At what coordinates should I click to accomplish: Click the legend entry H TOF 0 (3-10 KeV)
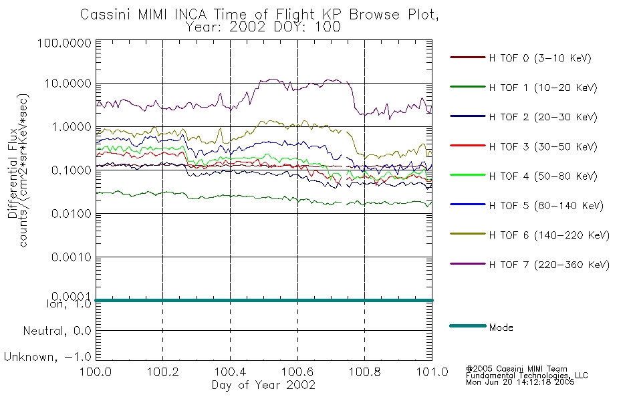540,58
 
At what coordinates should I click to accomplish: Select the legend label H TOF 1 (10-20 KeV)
543,88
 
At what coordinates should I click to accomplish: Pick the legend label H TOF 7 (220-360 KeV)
549,265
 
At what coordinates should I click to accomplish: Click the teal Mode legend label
501,327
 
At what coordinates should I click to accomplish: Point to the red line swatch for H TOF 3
467,146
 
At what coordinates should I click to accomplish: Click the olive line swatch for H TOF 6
467,234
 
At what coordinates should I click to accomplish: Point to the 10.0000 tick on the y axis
68,84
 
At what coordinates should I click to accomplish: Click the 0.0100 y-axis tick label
71,213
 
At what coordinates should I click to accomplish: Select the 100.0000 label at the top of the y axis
64,43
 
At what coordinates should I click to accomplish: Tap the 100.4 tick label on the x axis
230,372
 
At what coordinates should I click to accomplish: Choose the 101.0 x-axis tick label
432,372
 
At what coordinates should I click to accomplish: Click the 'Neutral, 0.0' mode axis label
57,331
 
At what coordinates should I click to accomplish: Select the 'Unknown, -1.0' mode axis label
47,358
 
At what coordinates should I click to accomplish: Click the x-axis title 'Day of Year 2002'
263,385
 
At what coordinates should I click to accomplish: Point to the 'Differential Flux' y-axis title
12,173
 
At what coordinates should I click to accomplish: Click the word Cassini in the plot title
106,15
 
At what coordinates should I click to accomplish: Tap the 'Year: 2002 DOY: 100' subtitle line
263,27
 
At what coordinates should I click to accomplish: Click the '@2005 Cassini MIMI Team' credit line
516,369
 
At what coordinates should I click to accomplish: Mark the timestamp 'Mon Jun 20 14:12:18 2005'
520,382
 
